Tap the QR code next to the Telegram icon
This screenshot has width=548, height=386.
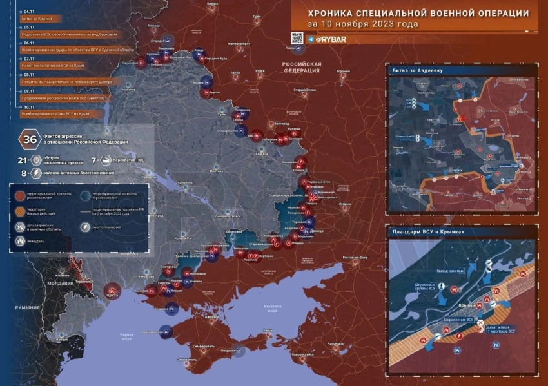tap(297, 38)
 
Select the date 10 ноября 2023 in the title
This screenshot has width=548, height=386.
tap(371, 24)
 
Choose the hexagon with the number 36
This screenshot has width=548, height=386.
tap(30, 139)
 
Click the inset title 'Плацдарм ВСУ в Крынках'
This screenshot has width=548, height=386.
tap(429, 231)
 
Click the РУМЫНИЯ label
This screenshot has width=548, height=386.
tap(27, 308)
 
